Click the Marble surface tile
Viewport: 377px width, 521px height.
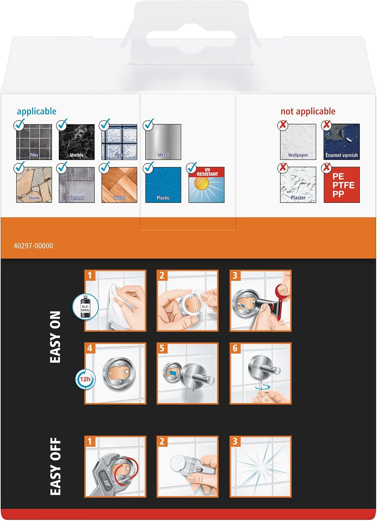tap(76, 142)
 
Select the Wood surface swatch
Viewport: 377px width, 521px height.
tap(119, 185)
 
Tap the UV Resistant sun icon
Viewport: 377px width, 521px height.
tap(207, 185)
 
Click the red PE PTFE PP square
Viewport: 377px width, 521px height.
tap(342, 185)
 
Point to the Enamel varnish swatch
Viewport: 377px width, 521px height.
tap(342, 142)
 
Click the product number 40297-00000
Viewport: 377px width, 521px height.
tap(33, 246)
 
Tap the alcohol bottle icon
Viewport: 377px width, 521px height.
tap(85, 307)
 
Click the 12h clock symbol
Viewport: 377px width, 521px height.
tap(85, 379)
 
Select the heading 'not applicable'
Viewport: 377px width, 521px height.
tap(308, 111)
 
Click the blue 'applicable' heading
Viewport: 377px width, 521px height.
tap(36, 111)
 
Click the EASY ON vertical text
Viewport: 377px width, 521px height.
tap(55, 337)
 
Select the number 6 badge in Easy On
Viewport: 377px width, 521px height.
tap(235, 348)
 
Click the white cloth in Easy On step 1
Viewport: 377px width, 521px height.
tap(118, 307)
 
